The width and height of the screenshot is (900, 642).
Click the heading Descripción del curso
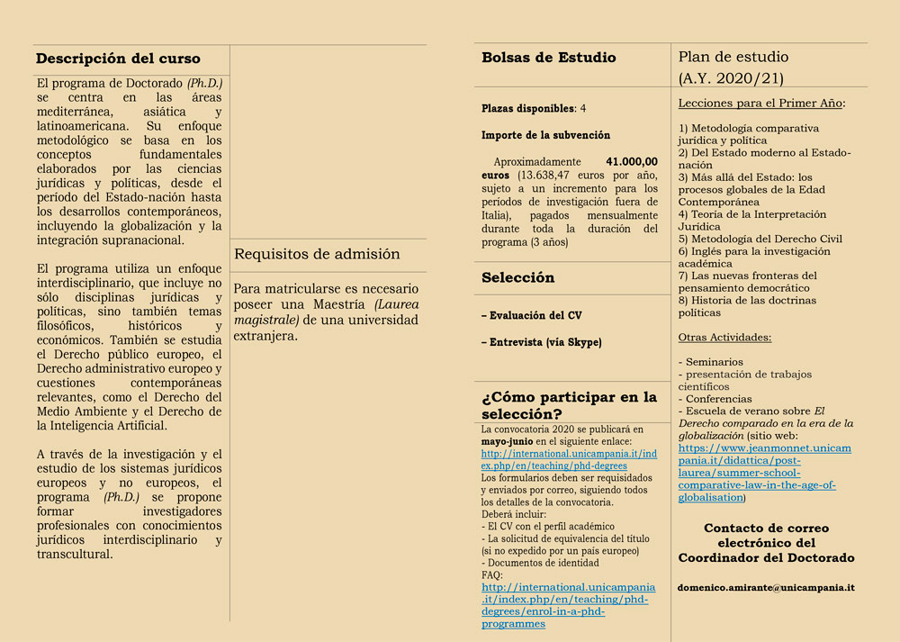(118, 59)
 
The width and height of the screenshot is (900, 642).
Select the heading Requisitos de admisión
(317, 255)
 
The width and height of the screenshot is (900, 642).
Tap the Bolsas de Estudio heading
(549, 58)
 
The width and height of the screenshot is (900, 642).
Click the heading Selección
(517, 277)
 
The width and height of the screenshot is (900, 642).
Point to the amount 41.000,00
(631, 161)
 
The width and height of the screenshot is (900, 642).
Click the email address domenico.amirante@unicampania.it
(766, 587)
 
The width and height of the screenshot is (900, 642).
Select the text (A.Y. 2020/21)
(731, 78)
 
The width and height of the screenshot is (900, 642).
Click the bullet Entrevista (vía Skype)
(541, 342)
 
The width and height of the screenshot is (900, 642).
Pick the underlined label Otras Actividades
(724, 338)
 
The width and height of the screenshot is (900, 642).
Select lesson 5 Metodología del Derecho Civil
(760, 239)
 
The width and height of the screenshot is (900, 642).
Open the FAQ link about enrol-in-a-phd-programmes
(568, 605)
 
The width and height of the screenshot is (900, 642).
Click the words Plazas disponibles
(527, 108)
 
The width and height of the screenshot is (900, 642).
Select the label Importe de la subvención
(545, 135)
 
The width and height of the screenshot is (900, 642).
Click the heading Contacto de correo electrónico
(766, 536)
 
